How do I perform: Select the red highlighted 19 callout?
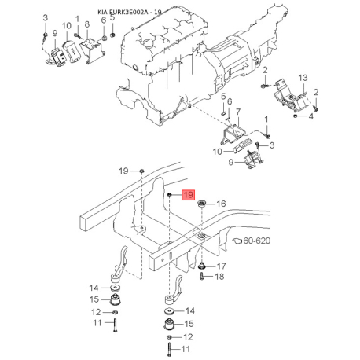(x=187, y=195)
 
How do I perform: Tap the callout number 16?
(x=221, y=204)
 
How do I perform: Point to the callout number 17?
(x=221, y=266)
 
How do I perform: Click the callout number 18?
(x=221, y=277)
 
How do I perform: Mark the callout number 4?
(x=311, y=117)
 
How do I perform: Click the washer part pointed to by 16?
(x=202, y=204)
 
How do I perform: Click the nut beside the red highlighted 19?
(x=170, y=195)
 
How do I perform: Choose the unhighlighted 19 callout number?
(x=123, y=171)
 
